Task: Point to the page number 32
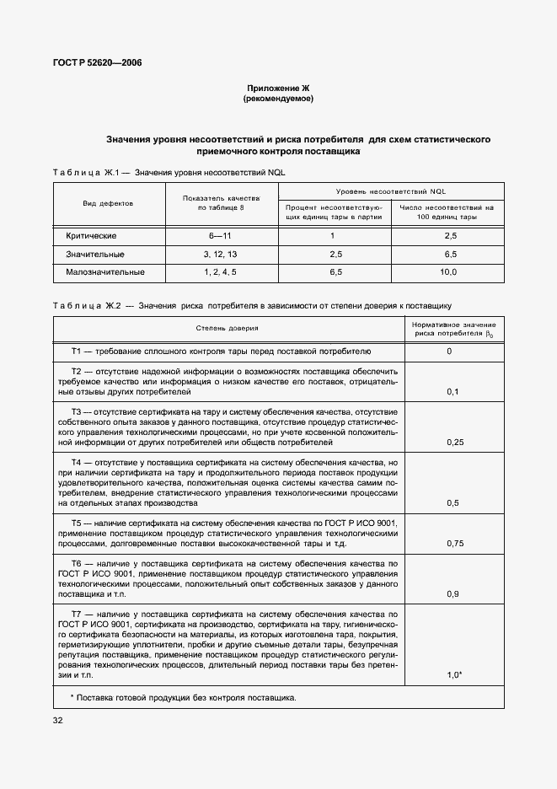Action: click(57, 720)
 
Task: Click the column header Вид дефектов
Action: click(108, 204)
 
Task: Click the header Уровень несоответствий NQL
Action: click(390, 191)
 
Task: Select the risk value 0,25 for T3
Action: click(454, 442)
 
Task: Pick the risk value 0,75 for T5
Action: click(454, 544)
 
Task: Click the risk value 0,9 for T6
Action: click(454, 594)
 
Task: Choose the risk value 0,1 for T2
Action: click(454, 392)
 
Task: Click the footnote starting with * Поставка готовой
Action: click(183, 697)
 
